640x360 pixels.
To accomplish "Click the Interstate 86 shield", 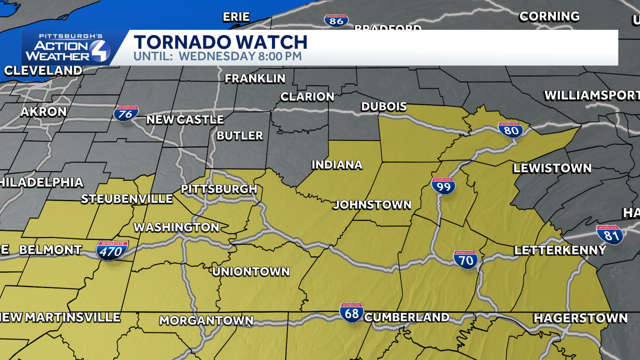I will [x=336, y=21].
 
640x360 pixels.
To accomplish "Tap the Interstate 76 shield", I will [x=126, y=113].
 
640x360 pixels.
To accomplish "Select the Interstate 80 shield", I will [x=510, y=130].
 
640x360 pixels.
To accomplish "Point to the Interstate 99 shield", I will [x=443, y=186].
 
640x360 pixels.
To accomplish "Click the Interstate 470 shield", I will [x=113, y=250].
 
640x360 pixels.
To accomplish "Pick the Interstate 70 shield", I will [x=465, y=260].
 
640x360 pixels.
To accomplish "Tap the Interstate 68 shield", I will [x=351, y=313].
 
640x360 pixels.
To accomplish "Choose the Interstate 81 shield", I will [x=610, y=235].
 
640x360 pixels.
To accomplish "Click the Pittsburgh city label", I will [x=219, y=189].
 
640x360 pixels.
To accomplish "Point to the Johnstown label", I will [x=372, y=205].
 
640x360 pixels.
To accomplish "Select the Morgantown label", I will [x=206, y=321].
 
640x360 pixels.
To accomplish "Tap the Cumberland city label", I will [x=406, y=317].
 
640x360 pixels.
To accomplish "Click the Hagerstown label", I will [x=580, y=318].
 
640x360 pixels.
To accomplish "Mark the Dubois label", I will [x=384, y=107].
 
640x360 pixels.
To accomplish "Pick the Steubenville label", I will [x=127, y=199].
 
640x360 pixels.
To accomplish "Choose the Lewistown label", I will [x=552, y=169].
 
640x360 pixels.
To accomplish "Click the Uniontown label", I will [x=251, y=271].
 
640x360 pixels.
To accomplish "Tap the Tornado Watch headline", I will [x=220, y=42].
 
